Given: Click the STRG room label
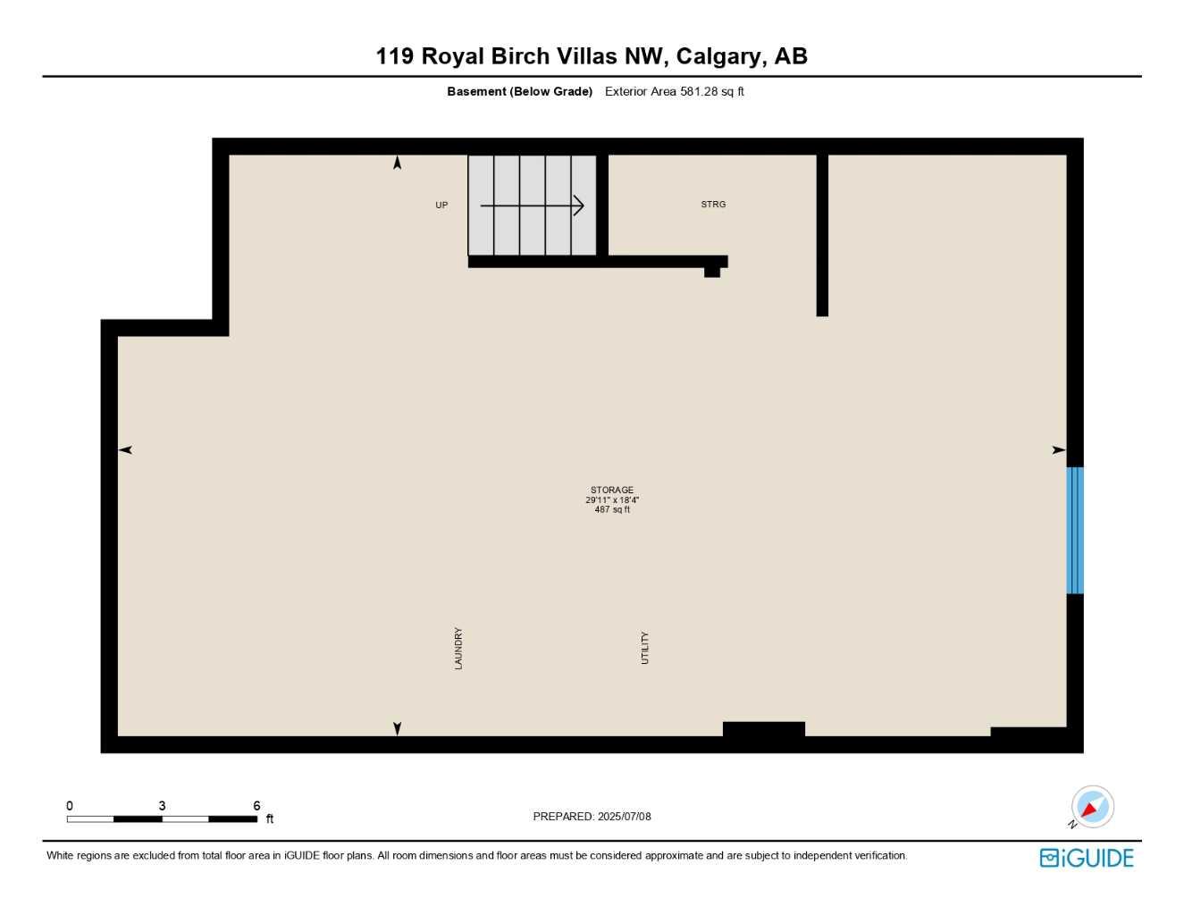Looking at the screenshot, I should coord(713,205).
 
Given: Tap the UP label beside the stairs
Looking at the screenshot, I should coord(441,206).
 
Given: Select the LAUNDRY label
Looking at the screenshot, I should coord(458,648).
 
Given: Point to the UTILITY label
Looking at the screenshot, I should coord(644,648).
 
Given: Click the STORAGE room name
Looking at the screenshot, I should coord(612,490).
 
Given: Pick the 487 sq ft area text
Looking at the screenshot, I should coord(612,510).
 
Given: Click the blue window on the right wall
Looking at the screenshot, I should coord(1075,530).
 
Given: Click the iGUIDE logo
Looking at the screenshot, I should coord(1087,858).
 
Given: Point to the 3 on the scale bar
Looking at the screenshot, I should coord(162,806).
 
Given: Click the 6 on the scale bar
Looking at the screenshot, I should coord(256,806).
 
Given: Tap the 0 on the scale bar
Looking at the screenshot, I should coord(70,806).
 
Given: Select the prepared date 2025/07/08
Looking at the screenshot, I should coord(624,817).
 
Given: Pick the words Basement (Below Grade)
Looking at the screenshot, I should coord(519,91).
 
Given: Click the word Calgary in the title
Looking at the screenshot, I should coord(719,55).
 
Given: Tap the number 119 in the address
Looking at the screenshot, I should coord(394,55).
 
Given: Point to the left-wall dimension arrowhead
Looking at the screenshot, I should coord(125,449).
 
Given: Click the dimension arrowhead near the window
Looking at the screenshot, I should coord(1059,449).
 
